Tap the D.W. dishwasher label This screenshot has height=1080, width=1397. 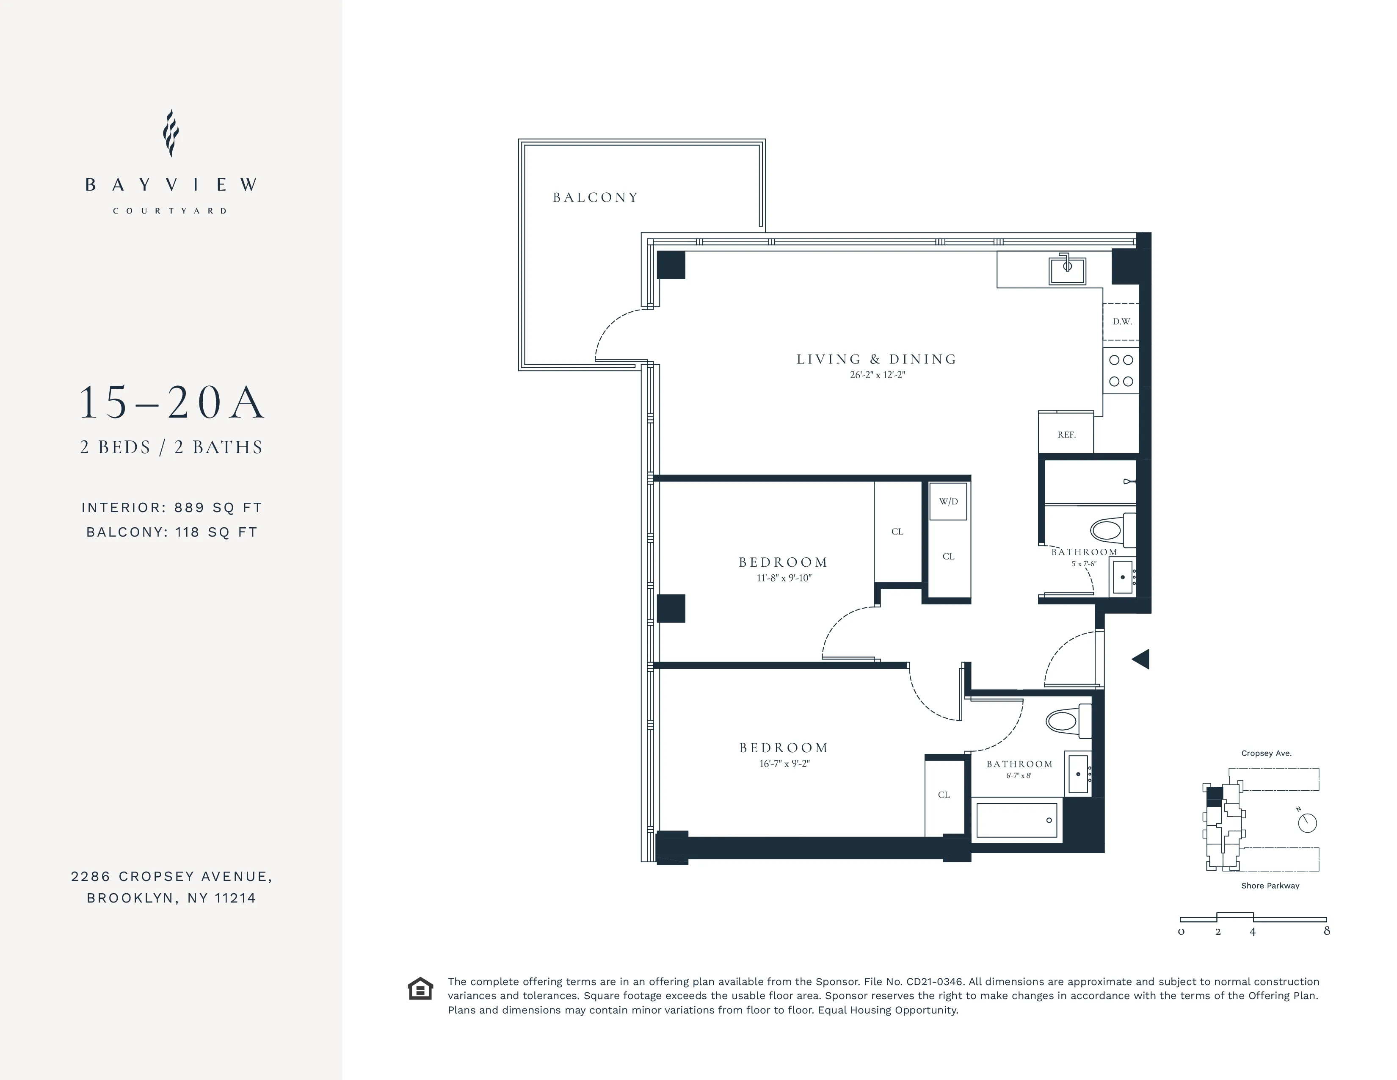tap(1122, 321)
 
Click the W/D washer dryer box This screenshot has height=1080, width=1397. tap(948, 501)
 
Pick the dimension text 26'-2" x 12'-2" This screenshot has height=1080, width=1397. tap(877, 375)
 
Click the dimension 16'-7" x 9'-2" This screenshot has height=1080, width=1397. tap(784, 763)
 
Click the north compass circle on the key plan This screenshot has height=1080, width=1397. tap(1307, 823)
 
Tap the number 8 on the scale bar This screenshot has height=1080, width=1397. tap(1327, 931)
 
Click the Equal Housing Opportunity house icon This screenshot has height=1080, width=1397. tap(420, 989)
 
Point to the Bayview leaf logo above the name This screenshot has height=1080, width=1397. tap(170, 133)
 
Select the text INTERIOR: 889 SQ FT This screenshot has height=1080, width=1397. tap(171, 507)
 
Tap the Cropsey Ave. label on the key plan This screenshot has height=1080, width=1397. tap(1266, 753)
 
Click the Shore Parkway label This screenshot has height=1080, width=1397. tap(1270, 886)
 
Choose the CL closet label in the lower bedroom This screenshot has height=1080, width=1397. tap(944, 795)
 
